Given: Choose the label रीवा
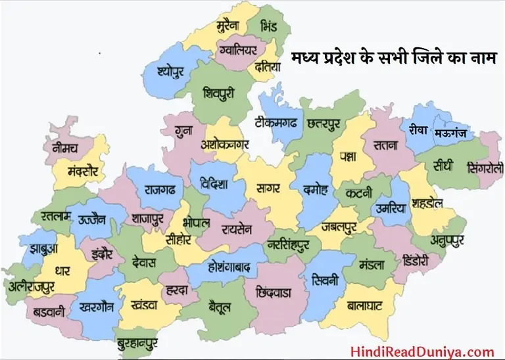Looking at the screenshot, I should point(418,129).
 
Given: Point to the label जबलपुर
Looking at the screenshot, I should point(339,227).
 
